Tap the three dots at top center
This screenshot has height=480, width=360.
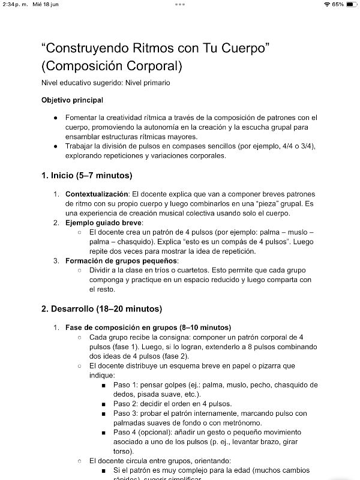[x=180, y=4]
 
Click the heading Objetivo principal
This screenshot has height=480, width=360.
[x=72, y=100]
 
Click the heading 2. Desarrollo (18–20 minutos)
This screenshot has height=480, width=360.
[x=101, y=310]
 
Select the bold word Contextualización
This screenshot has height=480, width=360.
[x=97, y=194]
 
